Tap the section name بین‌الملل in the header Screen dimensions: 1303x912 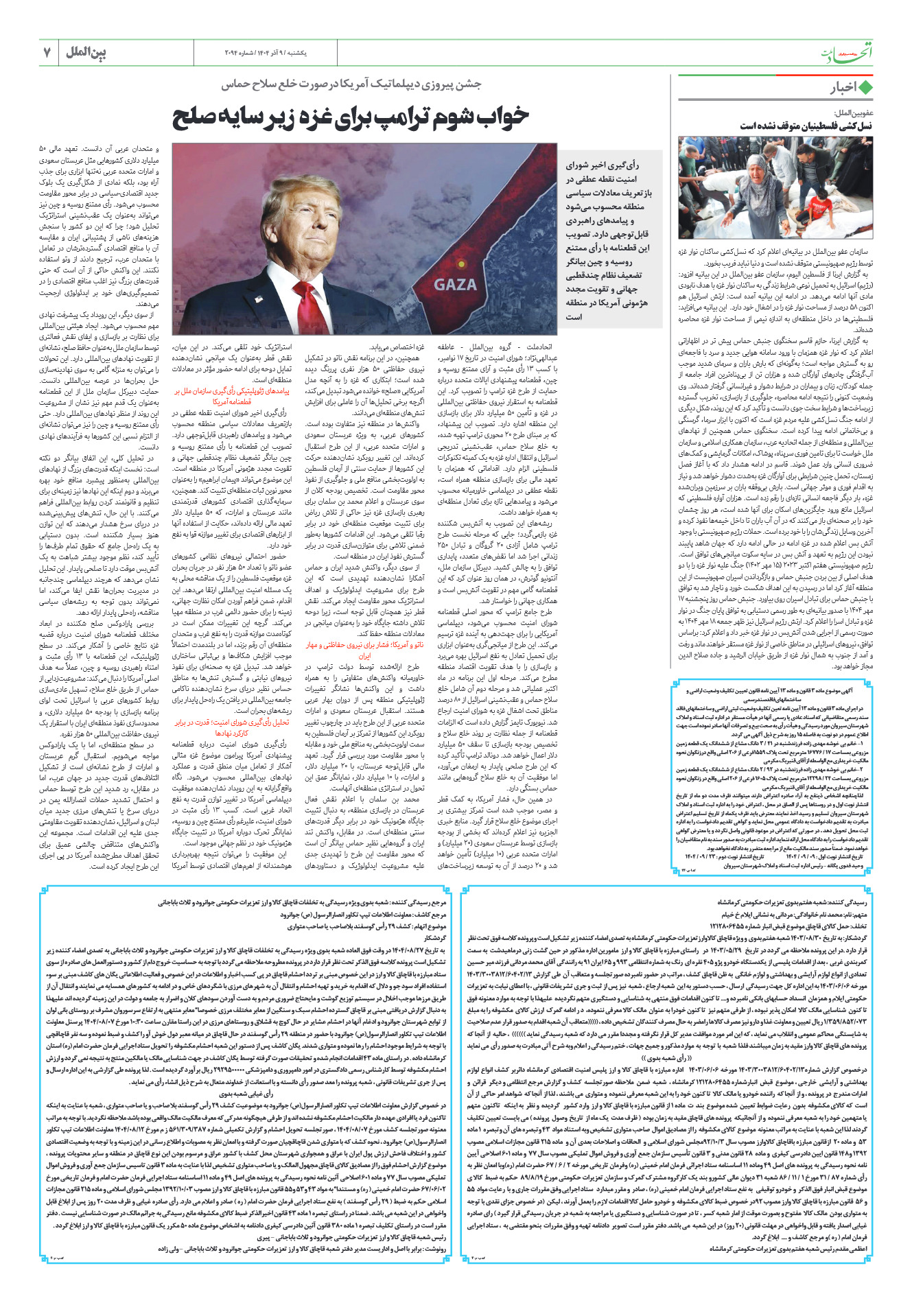tap(86, 51)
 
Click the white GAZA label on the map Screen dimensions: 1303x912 tap(455, 284)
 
